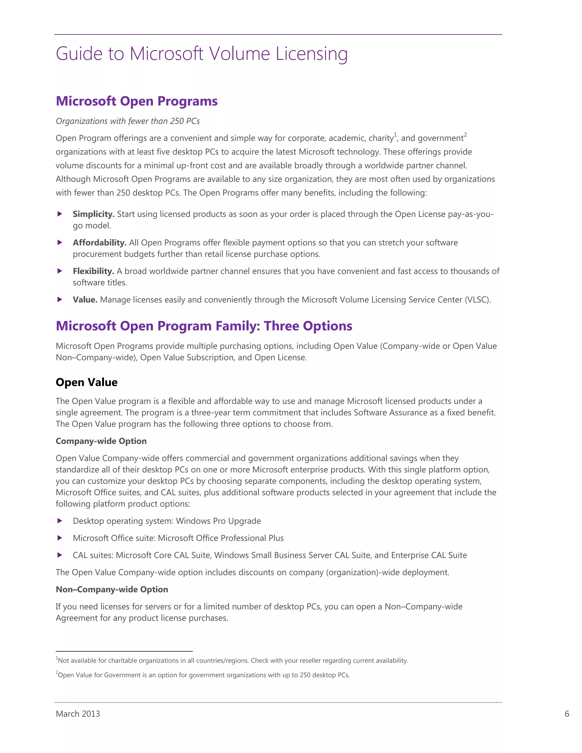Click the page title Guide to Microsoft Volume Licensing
coord(201,54)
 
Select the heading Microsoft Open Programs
coord(136,101)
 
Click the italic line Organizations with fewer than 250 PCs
coord(128,121)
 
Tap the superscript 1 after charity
coord(395,134)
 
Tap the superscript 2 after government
coord(465,134)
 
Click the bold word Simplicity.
coord(93,214)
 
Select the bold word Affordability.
coord(99,243)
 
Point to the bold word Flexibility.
coord(93,271)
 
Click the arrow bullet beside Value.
coord(60,299)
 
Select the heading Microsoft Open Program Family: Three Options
coord(204,326)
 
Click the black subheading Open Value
coord(87,382)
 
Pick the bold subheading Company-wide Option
coord(101,441)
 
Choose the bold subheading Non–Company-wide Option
coord(112,589)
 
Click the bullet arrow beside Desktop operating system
coord(60,521)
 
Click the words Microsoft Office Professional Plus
coord(221,538)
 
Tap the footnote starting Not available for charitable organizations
coord(232,660)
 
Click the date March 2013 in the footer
coord(78,714)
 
